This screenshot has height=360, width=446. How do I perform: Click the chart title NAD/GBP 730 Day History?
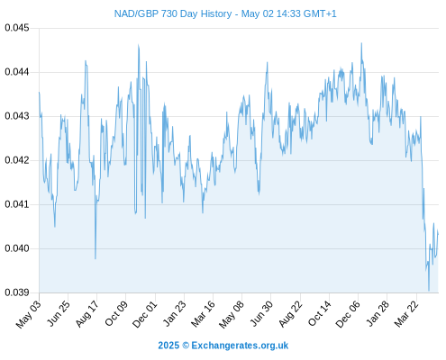click(173, 13)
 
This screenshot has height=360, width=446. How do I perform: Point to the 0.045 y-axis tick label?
click(17, 28)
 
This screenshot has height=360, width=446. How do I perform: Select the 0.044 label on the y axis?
click(17, 72)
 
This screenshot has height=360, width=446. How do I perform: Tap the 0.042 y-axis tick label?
click(17, 160)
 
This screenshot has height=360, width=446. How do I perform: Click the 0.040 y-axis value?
click(17, 248)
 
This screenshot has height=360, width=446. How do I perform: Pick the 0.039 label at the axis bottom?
click(17, 292)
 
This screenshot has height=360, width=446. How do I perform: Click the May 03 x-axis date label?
click(29, 314)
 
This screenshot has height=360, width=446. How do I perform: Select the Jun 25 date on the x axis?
click(59, 313)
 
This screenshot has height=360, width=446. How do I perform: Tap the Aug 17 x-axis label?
click(87, 314)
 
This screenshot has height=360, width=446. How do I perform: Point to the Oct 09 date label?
click(116, 313)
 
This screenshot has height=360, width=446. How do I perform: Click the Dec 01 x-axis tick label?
click(145, 314)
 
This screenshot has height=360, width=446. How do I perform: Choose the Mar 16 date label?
click(203, 314)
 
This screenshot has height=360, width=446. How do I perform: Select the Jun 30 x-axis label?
click(261, 314)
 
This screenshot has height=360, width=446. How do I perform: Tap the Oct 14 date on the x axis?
click(320, 313)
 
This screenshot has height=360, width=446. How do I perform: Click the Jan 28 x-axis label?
click(378, 314)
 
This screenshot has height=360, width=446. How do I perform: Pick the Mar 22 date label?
click(406, 314)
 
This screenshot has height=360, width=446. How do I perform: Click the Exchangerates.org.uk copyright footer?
click(223, 346)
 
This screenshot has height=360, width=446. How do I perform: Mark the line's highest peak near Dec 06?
click(361, 43)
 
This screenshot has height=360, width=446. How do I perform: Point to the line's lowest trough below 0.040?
click(429, 291)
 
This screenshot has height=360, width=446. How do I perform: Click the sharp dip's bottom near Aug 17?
click(96, 258)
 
